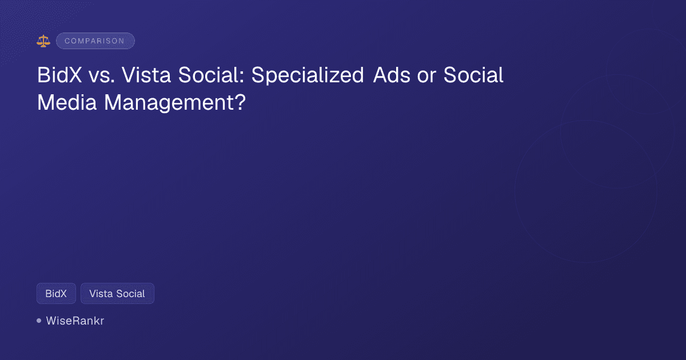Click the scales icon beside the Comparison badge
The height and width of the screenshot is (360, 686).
pyautogui.click(x=43, y=41)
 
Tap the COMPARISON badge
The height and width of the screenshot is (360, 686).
pyautogui.click(x=95, y=41)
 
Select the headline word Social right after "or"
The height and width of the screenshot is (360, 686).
pyautogui.click(x=474, y=75)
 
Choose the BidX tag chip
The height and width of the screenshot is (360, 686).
pyautogui.click(x=56, y=294)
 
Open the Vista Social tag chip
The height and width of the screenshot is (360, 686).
pyautogui.click(x=117, y=294)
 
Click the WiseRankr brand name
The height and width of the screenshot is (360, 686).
pyautogui.click(x=75, y=321)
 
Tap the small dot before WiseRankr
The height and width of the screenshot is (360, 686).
pyautogui.click(x=39, y=321)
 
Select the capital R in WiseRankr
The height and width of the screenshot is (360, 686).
pyautogui.click(x=73, y=321)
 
